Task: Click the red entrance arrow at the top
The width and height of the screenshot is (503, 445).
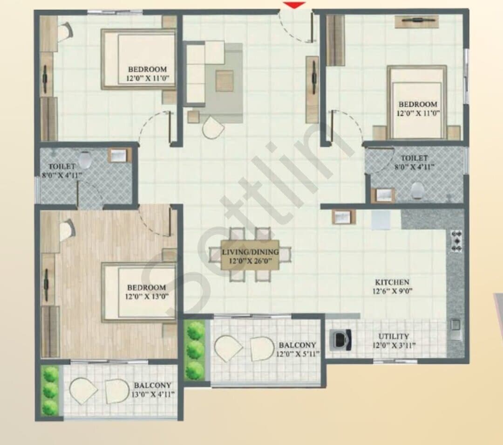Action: (294, 5)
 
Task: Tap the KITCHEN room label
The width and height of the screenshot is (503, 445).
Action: (392, 282)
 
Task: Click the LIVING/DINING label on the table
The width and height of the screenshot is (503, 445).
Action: (250, 252)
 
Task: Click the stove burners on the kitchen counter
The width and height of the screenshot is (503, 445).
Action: (456, 241)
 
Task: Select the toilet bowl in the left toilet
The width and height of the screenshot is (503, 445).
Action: (85, 160)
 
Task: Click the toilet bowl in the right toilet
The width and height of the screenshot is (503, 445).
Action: (417, 190)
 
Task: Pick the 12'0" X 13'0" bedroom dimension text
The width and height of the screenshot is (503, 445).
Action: (147, 296)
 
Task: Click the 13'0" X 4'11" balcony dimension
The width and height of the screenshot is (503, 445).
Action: (153, 394)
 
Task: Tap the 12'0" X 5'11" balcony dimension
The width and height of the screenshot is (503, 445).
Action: (298, 354)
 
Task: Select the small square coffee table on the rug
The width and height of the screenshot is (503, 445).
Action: (224, 81)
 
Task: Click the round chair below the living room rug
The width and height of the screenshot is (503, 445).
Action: (213, 127)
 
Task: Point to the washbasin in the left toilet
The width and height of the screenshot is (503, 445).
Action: (120, 155)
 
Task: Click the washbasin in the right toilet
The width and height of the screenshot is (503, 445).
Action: (383, 195)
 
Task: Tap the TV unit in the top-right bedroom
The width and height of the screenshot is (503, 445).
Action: (417, 21)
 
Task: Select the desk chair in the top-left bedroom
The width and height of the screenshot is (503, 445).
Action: (67, 32)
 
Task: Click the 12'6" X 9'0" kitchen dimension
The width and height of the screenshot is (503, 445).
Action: (392, 291)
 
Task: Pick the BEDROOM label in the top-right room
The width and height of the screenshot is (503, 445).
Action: (418, 104)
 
